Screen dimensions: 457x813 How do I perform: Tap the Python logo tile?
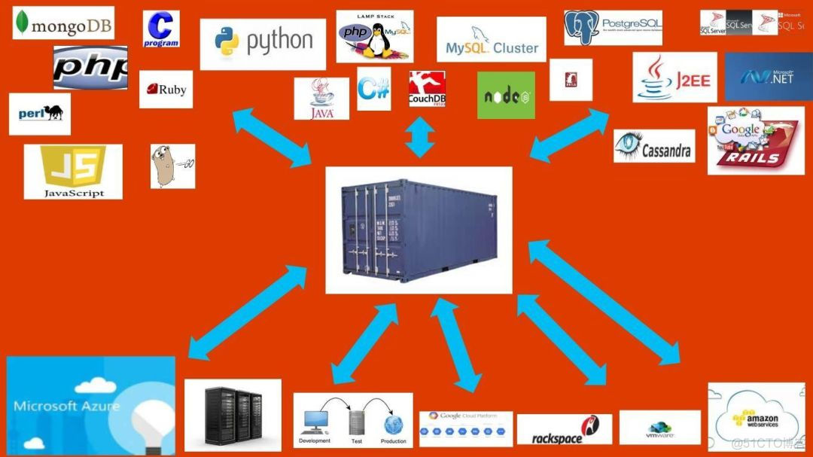tap(263, 44)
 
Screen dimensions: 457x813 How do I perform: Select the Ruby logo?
tap(166, 90)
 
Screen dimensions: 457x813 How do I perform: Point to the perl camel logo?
tap(40, 114)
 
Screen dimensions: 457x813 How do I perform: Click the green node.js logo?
tap(506, 96)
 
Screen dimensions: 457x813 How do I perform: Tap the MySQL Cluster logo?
tap(492, 41)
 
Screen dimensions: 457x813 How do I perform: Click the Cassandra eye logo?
tap(653, 147)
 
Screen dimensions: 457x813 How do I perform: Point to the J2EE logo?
tap(674, 78)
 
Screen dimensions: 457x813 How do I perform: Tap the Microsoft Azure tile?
tap(90, 405)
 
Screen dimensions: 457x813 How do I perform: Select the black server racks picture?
tap(233, 415)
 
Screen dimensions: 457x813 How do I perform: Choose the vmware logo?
tap(659, 428)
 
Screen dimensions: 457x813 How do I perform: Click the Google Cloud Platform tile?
tap(466, 428)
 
